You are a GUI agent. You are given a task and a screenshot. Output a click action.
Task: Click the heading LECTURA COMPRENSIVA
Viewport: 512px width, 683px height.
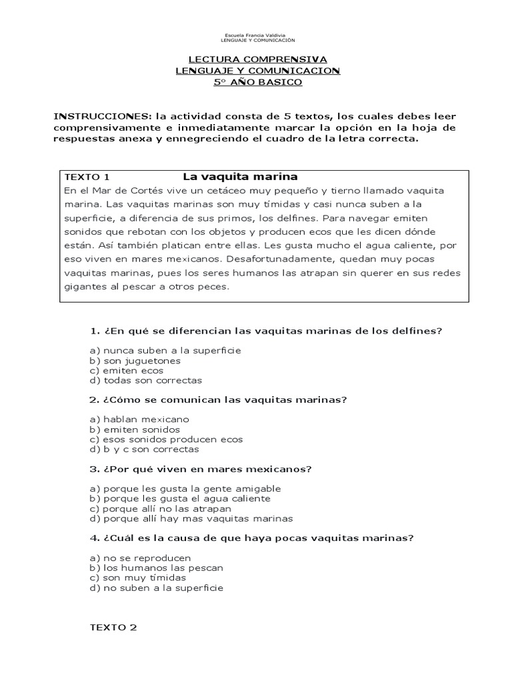coord(257,59)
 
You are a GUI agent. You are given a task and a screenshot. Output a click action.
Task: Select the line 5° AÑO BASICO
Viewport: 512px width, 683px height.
coord(257,82)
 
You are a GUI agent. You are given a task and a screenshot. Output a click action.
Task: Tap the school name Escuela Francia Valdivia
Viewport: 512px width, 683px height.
coord(257,35)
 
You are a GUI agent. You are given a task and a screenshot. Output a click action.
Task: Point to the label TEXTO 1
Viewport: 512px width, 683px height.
coord(87,177)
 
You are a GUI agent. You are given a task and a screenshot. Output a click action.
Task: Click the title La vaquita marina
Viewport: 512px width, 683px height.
coord(239,177)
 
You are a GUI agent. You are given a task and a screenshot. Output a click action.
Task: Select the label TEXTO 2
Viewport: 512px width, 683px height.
coord(113,627)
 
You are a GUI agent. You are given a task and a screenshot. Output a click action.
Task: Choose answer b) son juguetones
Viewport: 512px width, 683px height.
coord(135,360)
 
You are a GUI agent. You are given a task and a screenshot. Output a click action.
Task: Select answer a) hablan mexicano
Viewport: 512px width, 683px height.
coord(139,420)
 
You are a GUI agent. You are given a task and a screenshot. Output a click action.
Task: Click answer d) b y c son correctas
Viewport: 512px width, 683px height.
coord(144,450)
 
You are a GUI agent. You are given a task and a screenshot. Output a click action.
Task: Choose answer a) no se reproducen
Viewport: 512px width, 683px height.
coord(140,558)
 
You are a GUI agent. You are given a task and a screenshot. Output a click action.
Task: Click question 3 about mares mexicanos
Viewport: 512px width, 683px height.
coord(200,469)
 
